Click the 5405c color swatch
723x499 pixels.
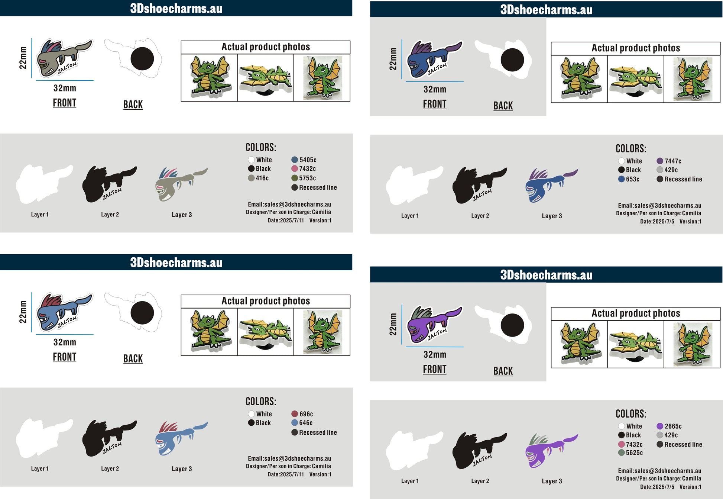point(295,160)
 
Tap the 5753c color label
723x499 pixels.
point(308,178)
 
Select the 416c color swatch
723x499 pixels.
point(251,178)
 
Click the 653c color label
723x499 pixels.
point(633,179)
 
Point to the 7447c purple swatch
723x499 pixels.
point(660,161)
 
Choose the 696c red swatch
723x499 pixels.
point(295,414)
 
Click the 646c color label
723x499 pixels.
point(306,423)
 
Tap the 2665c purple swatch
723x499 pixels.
point(660,426)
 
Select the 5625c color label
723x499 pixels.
point(634,453)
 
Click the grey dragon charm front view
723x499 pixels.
point(64,58)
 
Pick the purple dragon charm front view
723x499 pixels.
point(435,324)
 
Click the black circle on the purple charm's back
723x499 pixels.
point(512,325)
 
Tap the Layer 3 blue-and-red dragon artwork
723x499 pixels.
point(181,439)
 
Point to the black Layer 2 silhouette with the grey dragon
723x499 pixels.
point(109,184)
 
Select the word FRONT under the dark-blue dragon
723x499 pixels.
point(435,104)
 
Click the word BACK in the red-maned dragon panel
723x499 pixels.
point(133,359)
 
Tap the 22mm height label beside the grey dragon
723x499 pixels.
point(23,58)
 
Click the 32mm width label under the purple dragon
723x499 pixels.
point(435,354)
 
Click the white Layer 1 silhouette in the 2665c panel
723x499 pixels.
point(414,451)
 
